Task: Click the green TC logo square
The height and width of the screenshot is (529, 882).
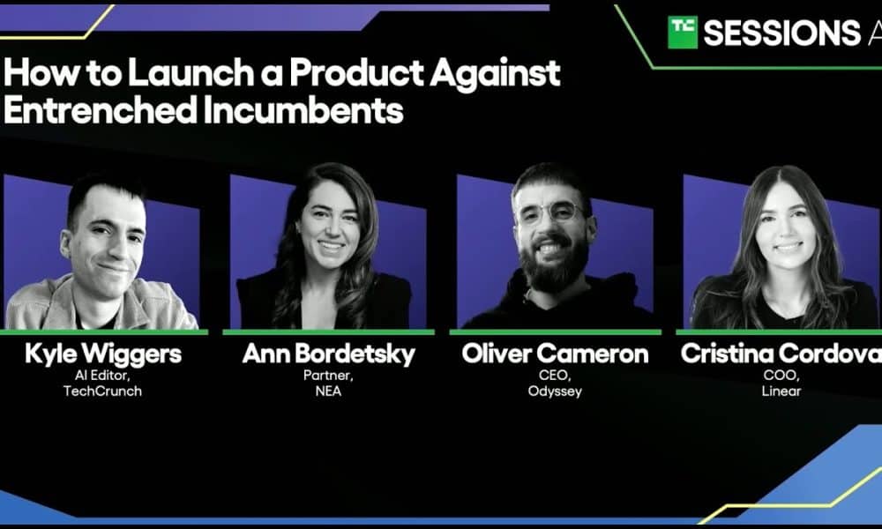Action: coord(683,32)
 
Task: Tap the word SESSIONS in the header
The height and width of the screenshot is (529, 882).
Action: coord(781,33)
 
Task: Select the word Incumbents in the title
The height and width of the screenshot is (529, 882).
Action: coord(303,109)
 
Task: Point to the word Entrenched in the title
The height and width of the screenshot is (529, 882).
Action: coord(101,109)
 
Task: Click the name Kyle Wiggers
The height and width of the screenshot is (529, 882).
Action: coord(103,354)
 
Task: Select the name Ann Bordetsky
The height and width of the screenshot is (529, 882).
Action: coord(328,354)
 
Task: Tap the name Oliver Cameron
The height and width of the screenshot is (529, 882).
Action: coord(555,354)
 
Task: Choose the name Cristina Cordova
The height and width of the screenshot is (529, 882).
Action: coord(781,354)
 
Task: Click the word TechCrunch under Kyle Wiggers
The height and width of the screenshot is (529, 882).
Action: coord(102,391)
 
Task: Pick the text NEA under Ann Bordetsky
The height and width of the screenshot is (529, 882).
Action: coord(328,391)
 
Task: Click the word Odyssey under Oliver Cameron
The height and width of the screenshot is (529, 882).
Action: coord(555,391)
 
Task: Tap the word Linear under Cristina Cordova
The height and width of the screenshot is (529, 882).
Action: coord(781,391)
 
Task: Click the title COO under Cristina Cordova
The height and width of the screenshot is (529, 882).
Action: coord(781,376)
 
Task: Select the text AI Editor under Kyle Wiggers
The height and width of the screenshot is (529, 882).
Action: coord(102,376)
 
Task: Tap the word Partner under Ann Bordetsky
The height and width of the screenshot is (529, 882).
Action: coord(328,376)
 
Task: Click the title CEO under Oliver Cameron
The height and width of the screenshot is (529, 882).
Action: coord(555,376)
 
